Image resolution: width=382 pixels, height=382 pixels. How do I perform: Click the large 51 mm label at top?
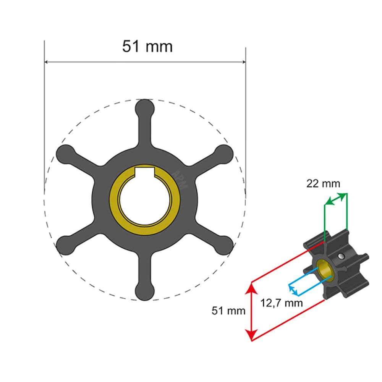coord(147,46)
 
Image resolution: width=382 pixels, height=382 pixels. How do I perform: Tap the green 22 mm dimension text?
coord(323,184)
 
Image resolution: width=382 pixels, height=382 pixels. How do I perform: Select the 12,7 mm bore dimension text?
coord(282,303)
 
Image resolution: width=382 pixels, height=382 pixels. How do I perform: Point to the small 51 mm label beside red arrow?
coord(228,311)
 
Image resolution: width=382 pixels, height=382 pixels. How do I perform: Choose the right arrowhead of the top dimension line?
coord(243,62)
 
